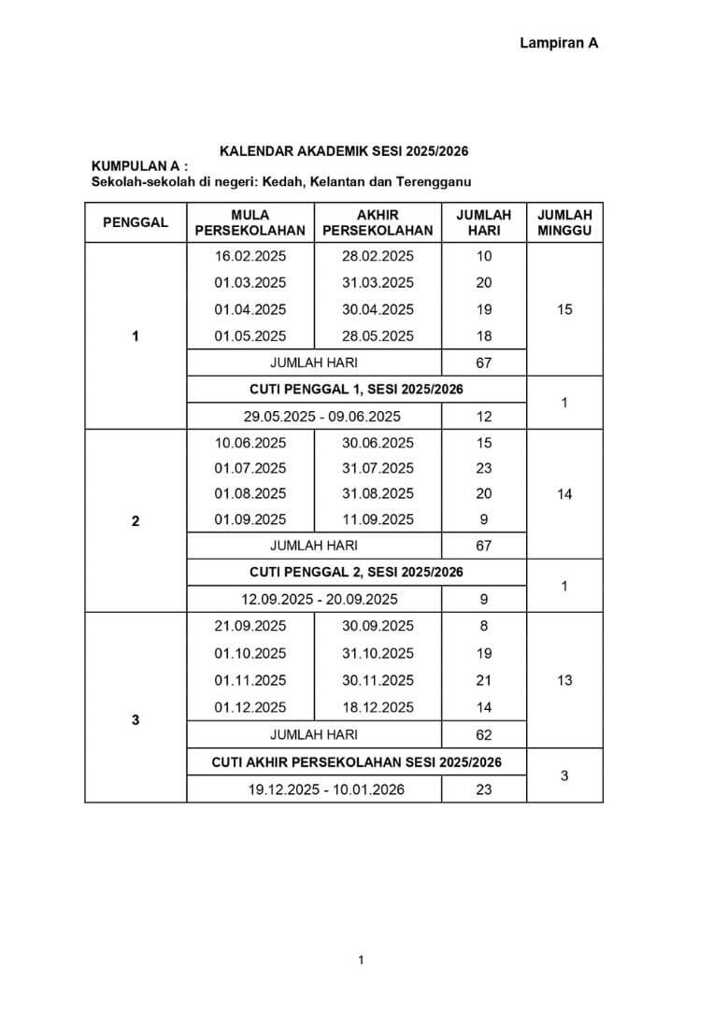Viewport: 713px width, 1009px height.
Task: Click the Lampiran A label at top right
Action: (x=558, y=43)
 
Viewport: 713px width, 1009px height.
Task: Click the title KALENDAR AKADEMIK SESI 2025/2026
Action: (x=344, y=150)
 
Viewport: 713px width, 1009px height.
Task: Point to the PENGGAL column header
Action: (x=135, y=222)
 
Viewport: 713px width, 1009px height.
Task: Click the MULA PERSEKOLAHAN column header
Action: (x=250, y=222)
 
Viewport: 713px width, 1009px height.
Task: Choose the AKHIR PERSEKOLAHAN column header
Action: (x=378, y=222)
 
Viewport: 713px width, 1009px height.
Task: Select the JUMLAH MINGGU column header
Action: (x=564, y=222)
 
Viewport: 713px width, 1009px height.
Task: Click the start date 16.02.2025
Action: (x=250, y=256)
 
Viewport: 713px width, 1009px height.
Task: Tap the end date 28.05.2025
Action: (x=378, y=336)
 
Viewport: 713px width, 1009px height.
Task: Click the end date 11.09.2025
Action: (x=378, y=519)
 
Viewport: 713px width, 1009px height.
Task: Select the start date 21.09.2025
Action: (x=250, y=626)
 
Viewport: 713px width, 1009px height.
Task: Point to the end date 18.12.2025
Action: (x=378, y=707)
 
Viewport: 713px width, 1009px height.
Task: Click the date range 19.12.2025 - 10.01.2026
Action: (x=325, y=789)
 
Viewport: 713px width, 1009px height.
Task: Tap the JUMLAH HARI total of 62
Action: (x=483, y=735)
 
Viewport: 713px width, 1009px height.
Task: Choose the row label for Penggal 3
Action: (x=135, y=720)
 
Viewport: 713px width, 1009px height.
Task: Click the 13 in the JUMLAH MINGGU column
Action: (x=564, y=681)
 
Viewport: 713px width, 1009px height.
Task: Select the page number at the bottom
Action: (x=361, y=959)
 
